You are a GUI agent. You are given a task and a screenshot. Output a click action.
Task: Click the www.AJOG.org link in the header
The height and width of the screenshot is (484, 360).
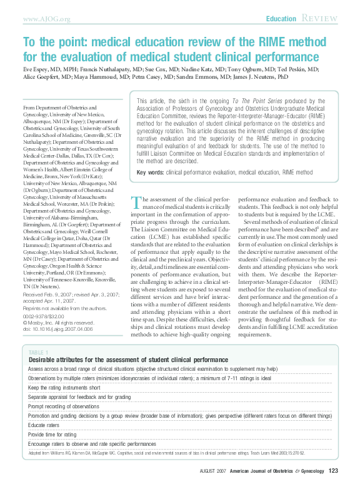coord(46,19)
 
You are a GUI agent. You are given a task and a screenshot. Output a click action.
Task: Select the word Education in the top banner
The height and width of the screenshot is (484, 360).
coord(281,19)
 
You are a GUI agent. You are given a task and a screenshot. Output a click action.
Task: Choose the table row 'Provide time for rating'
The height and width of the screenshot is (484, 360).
coord(52,434)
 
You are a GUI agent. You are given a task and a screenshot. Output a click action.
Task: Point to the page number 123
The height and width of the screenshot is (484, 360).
coord(333,471)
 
